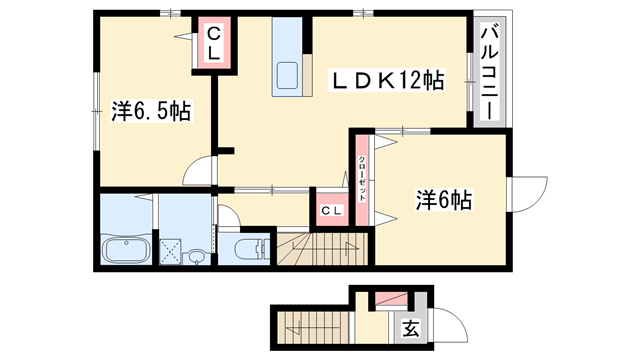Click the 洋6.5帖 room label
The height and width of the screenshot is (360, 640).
click(150, 111)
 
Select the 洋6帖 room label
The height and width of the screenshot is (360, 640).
click(443, 201)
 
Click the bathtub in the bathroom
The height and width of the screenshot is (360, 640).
click(126, 251)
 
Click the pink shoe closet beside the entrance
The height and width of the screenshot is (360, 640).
click(389, 299)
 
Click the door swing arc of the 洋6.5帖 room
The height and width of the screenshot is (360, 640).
click(203, 170)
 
